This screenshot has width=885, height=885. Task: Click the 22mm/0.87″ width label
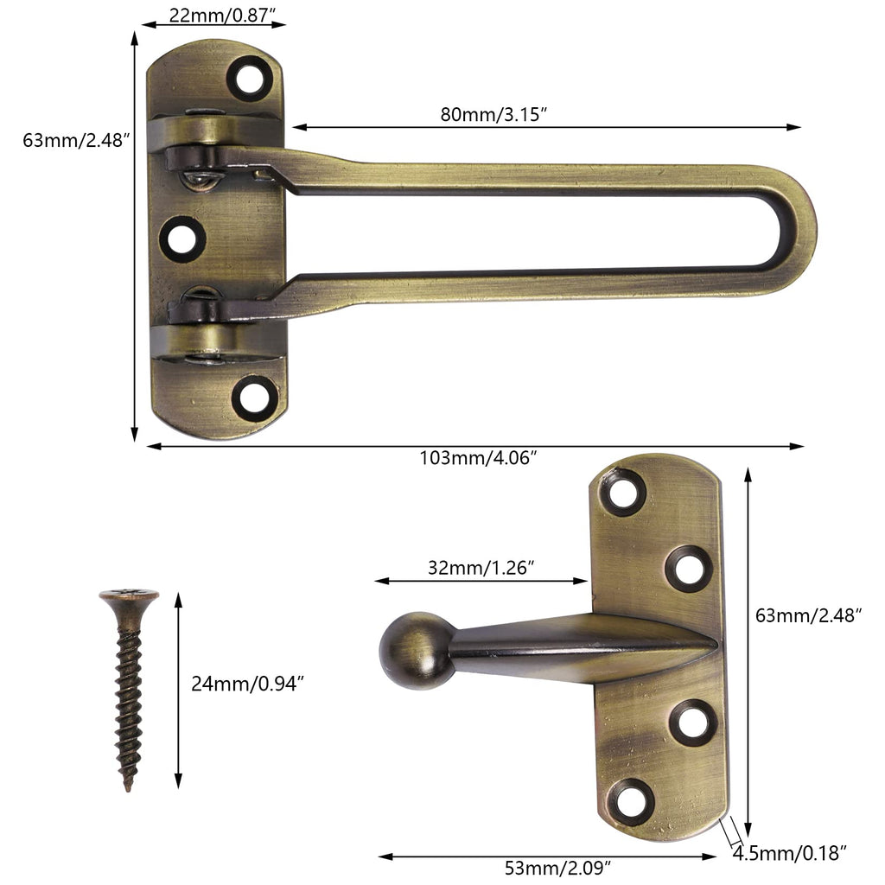pos(222,16)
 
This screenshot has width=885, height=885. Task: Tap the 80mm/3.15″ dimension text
pos(493,114)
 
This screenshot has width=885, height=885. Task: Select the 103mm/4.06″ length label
pos(477,457)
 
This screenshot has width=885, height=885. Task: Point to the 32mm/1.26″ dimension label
pos(481,567)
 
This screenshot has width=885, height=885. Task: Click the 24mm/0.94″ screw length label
pos(248,684)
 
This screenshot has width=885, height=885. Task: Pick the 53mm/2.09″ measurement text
pos(558,868)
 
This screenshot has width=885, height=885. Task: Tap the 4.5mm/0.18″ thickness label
pos(790,853)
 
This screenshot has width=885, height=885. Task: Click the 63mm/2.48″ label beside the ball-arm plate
pos(809,614)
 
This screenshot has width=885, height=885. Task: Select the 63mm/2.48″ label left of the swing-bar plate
pos(76,140)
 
